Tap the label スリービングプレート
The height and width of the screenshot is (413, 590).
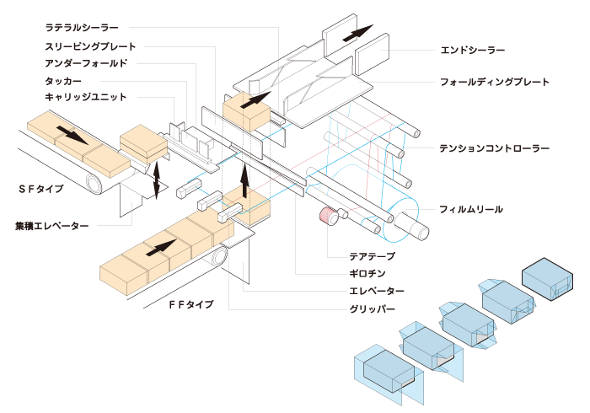(x=90, y=46)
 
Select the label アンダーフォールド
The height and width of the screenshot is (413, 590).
(x=86, y=62)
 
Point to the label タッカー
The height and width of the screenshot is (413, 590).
(x=63, y=80)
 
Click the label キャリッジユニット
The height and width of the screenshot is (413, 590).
(x=86, y=97)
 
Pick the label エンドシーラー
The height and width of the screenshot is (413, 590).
(x=473, y=50)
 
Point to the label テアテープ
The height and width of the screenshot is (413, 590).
(x=372, y=256)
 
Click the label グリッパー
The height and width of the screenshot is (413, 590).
(x=372, y=309)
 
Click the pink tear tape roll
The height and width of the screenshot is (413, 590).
(x=326, y=217)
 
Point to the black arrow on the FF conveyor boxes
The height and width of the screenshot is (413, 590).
(x=163, y=247)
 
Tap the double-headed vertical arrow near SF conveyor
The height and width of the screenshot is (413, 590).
(x=157, y=177)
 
